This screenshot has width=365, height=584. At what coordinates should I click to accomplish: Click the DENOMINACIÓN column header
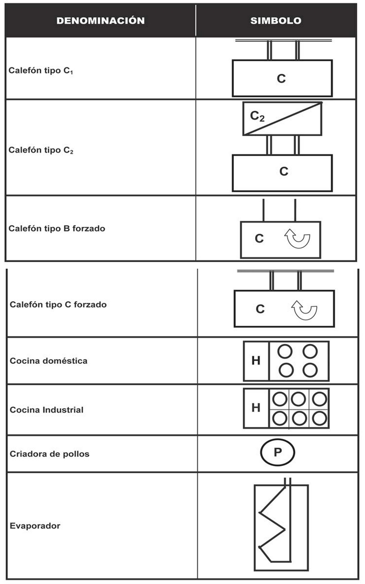pos(100,21)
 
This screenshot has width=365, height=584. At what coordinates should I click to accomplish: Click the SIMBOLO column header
pos(276,21)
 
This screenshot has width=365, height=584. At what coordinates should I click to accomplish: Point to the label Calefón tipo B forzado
pos(57,228)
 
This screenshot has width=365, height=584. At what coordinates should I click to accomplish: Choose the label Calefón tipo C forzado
pos(58,304)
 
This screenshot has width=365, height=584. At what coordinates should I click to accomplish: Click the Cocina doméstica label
pos(49,361)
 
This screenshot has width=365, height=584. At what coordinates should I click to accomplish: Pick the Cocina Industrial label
pos(47,410)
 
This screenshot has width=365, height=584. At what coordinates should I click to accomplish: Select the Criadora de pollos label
pos(50,454)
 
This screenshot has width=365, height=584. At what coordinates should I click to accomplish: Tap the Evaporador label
pos(35,526)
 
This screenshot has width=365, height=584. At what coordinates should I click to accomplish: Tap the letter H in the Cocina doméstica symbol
pos(256,361)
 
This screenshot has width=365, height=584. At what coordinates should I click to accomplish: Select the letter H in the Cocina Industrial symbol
pos(256,408)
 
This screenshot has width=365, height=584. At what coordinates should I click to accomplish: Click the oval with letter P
pos(278,453)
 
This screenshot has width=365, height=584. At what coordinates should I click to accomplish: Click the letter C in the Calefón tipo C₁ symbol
pos(281,79)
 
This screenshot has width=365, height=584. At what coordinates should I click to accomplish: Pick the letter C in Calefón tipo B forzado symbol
pos(259,239)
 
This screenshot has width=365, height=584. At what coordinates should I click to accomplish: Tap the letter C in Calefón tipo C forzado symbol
pos(260,309)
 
